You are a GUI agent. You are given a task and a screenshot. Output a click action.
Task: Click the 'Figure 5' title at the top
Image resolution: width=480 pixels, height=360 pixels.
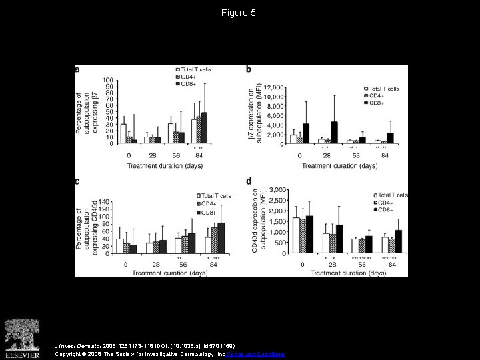239,13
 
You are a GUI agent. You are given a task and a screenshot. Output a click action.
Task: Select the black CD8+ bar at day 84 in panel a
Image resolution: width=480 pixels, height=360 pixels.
204,128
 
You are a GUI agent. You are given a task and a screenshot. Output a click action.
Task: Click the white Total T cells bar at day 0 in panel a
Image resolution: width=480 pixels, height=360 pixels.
123,133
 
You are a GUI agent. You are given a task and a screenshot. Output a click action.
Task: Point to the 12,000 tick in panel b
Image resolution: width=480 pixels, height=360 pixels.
274,87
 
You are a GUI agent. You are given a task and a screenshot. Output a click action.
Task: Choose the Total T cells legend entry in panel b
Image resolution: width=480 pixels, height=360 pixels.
381,89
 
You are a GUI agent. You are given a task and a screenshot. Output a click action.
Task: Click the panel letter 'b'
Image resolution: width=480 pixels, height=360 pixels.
249,69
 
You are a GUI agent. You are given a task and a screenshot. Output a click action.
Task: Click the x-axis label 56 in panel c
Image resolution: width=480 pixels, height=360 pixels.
185,264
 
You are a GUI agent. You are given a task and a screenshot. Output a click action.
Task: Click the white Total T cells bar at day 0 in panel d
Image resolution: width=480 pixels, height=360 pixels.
296,236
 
